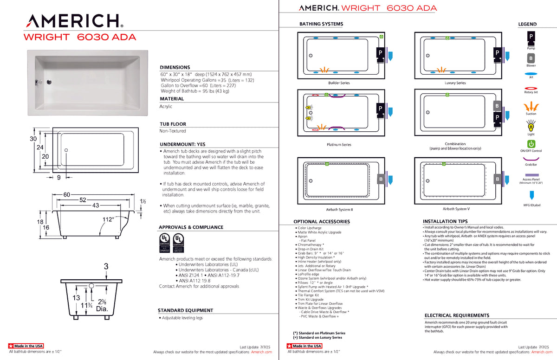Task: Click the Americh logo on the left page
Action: pos(75,21)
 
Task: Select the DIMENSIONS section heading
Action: pos(175,67)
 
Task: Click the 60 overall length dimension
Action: pos(67,194)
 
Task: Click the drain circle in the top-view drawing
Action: pos(66,150)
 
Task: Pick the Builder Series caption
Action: pos(339,83)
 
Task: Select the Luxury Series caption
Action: pos(455,83)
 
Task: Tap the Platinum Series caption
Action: pos(339,145)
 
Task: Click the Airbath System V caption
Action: pos(456,209)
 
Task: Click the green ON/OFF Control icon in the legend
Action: pos(531,144)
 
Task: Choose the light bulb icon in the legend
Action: pos(531,126)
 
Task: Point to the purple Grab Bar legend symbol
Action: pos(531,159)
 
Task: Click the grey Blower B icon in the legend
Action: pos(531,58)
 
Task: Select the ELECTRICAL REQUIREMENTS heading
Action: pos(457,315)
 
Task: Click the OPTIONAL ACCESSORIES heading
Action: pos(322,222)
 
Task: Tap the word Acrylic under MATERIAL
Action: pos(166,107)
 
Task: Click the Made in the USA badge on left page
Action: pos(26,346)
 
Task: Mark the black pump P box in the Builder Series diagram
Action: pos(379,52)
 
